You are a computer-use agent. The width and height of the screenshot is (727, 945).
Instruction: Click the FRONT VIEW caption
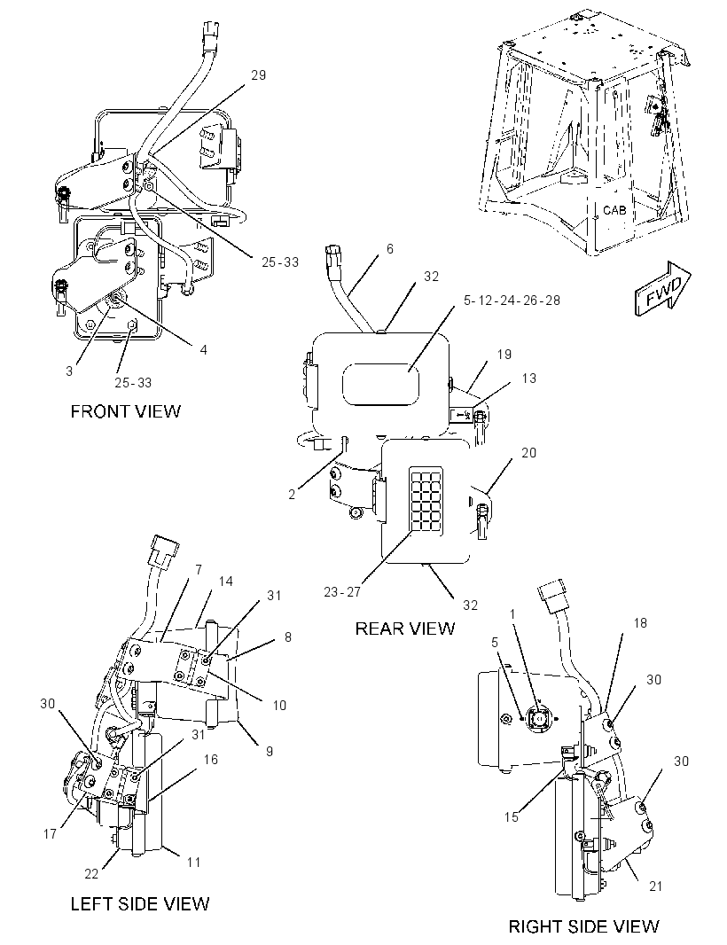pos(125,411)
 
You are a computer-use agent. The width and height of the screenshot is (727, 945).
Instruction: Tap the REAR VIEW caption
pos(404,629)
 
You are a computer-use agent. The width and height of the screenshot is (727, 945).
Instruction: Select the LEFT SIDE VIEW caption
pos(140,903)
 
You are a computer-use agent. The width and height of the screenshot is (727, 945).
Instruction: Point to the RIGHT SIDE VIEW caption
pos(583,926)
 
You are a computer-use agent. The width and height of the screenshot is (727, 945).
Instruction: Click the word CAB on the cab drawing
pos(614,210)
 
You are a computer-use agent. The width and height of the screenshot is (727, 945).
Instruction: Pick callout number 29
pos(258,74)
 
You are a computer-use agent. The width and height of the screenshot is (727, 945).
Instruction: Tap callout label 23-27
pos(342,592)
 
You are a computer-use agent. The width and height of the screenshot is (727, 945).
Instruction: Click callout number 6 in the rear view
pos(390,248)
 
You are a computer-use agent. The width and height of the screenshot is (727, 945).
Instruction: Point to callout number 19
pos(504,354)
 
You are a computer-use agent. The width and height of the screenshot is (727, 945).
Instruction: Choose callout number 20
pos(528,452)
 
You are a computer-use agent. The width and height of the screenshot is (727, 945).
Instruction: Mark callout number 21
pos(656,886)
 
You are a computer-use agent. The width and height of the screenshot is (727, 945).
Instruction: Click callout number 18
pos(640,622)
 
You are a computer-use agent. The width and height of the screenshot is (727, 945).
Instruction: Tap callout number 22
pos(91,874)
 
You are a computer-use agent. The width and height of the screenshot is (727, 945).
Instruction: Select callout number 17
pos(50,833)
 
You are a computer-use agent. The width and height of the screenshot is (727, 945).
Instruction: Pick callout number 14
pos(225,581)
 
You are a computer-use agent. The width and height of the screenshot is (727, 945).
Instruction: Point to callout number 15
pos(512,817)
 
